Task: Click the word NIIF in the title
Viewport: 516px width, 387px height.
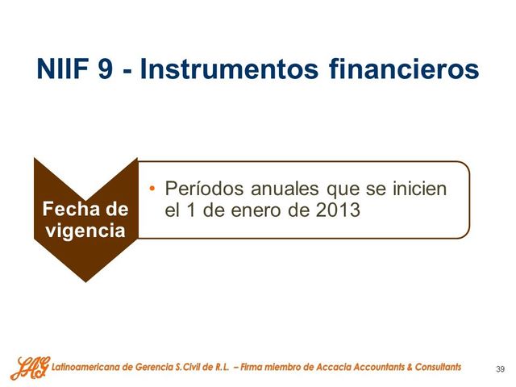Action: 62,69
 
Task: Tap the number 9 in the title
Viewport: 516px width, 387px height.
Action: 105,69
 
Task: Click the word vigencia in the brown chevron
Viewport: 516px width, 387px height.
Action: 85,231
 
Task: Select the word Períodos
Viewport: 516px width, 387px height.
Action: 202,189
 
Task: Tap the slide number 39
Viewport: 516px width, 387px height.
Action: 500,369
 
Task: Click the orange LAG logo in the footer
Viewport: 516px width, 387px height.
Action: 29,368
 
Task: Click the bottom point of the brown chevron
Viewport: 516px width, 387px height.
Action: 85,280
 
